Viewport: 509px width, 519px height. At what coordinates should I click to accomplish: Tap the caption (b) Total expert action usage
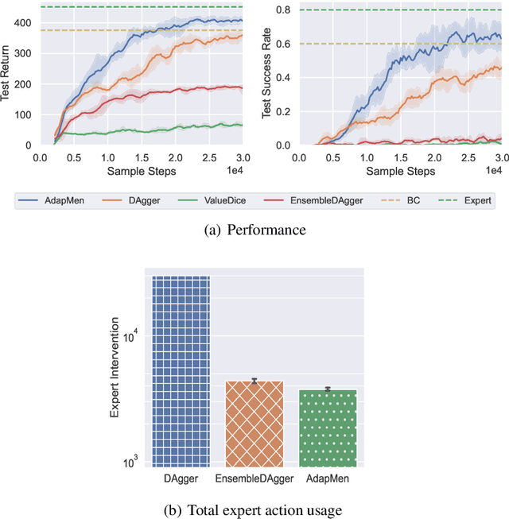[254, 509]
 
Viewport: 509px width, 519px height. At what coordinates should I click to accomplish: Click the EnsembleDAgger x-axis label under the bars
[254, 478]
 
